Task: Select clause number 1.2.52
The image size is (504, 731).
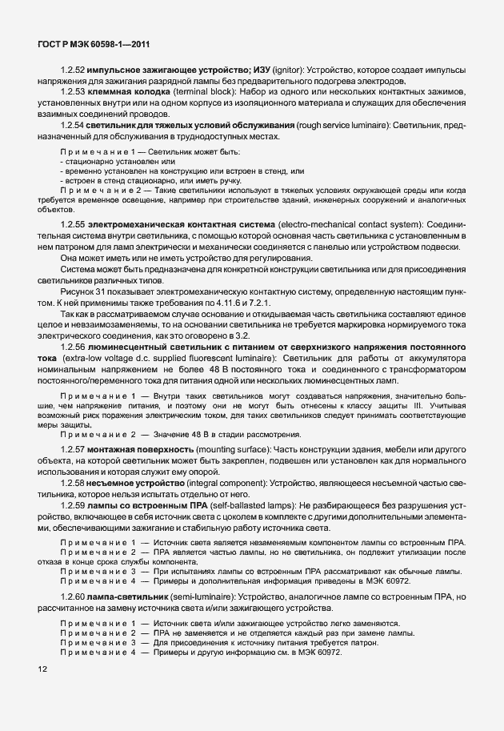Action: [74, 70]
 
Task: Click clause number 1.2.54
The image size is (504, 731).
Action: [74, 127]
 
